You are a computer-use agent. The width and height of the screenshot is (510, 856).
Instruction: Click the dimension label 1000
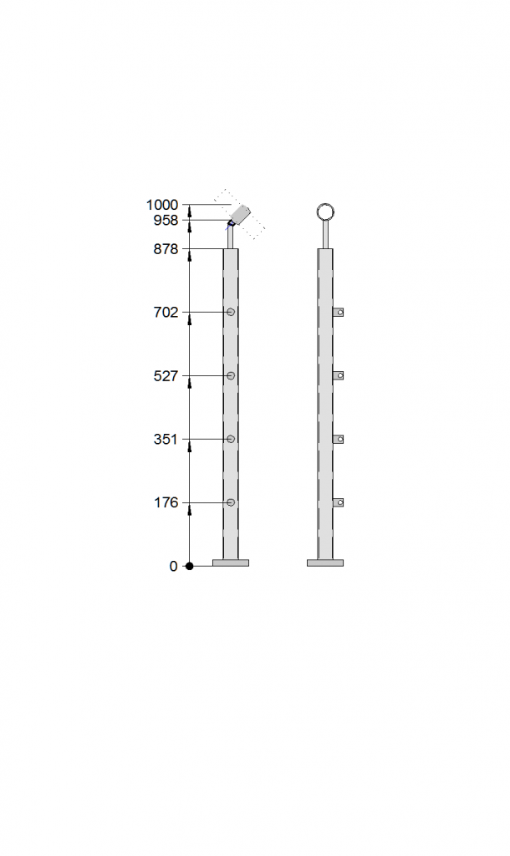click(162, 205)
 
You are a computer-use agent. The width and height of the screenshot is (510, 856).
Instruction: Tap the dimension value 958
click(166, 220)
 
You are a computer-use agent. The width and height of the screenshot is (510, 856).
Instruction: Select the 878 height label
click(166, 249)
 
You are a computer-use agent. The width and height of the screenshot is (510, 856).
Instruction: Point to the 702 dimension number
click(166, 313)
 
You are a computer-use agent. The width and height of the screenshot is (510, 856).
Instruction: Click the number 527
click(166, 375)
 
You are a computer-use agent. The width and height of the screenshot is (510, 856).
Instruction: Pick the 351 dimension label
click(166, 439)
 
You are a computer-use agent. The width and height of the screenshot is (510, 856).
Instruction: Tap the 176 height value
click(166, 502)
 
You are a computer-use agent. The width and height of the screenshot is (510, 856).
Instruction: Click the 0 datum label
click(173, 566)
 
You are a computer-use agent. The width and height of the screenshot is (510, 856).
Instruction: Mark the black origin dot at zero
click(190, 566)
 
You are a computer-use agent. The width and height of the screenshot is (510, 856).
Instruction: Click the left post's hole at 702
click(231, 312)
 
